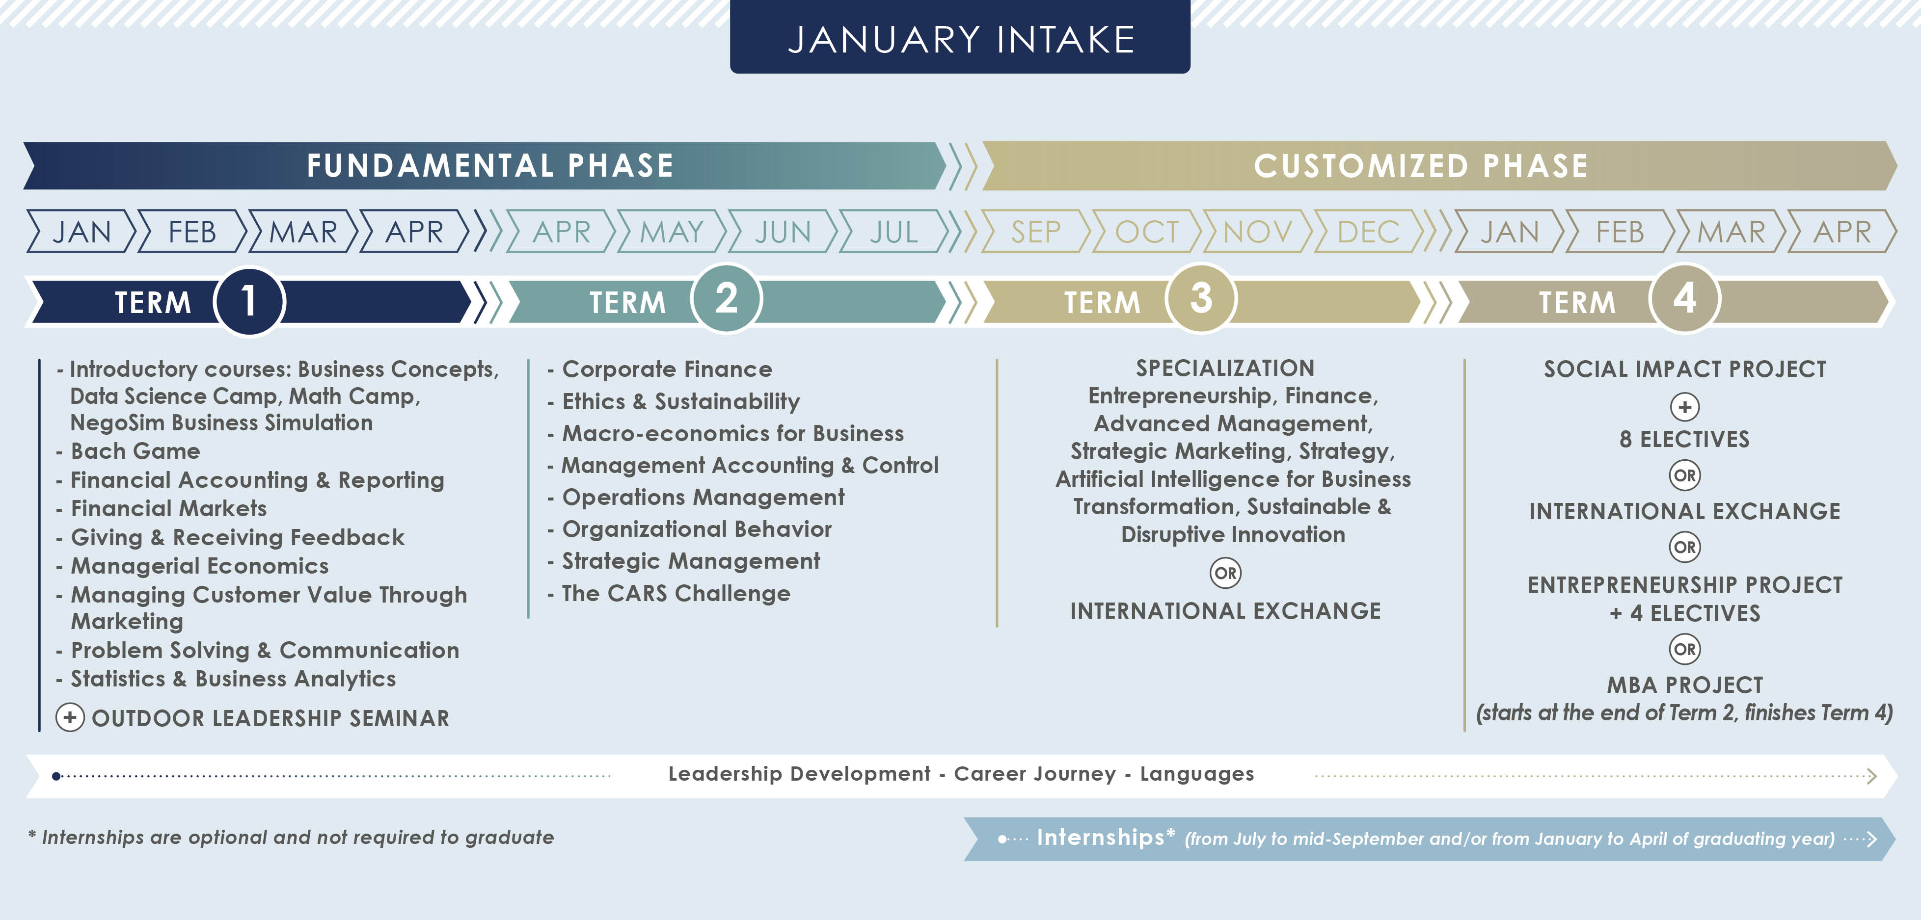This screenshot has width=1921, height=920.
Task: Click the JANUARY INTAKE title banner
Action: [960, 39]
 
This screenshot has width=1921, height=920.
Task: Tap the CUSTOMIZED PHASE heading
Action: [1421, 165]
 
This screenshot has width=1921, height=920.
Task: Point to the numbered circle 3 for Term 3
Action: [1201, 299]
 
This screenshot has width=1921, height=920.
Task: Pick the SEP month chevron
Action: [1035, 232]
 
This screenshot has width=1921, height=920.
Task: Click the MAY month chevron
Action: [671, 232]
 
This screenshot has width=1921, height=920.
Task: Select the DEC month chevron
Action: [1368, 232]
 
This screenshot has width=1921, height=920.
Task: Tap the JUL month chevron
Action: [893, 232]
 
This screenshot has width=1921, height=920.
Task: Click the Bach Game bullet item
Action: [135, 451]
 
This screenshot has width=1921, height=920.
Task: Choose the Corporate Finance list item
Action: [667, 369]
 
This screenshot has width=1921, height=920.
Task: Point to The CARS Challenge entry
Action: [675, 593]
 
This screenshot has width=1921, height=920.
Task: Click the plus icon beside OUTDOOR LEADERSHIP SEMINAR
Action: [70, 717]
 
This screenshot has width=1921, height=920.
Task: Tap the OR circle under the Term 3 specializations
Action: [1225, 573]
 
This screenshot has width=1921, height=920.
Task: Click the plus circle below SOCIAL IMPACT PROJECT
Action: [1684, 407]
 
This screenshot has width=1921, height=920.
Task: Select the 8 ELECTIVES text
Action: [1684, 439]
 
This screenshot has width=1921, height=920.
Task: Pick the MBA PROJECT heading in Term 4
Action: [1684, 684]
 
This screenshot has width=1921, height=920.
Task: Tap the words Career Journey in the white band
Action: [1034, 774]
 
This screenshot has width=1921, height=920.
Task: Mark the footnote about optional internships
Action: [291, 837]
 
